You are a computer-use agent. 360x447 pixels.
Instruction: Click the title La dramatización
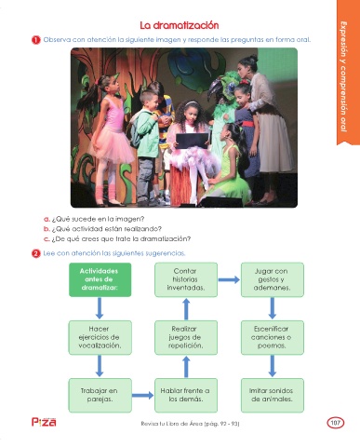(x=180, y=25)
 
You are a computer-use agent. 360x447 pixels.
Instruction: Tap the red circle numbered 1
(x=36, y=40)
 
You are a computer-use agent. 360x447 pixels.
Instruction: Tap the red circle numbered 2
(x=36, y=253)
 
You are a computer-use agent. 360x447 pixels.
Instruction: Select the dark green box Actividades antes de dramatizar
(x=100, y=279)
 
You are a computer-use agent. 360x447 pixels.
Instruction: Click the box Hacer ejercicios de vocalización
(x=100, y=337)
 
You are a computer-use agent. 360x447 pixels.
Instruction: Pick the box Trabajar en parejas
(x=100, y=395)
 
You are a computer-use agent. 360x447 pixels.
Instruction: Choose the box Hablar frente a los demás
(x=186, y=395)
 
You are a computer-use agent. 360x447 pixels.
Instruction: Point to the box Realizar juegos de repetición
(x=186, y=337)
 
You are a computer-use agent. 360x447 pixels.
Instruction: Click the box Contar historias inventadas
(x=186, y=279)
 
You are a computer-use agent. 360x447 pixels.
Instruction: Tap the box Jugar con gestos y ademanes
(x=273, y=279)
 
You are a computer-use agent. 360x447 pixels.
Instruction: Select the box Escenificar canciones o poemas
(x=273, y=337)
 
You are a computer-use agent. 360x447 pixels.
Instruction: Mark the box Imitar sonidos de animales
(x=273, y=395)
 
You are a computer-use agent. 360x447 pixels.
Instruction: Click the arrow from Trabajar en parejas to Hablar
(x=142, y=395)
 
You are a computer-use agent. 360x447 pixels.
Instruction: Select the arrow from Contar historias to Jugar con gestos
(x=229, y=279)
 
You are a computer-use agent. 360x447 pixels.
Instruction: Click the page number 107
(x=335, y=423)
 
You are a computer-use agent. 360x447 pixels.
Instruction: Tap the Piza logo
(x=44, y=422)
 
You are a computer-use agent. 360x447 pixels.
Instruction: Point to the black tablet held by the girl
(x=193, y=141)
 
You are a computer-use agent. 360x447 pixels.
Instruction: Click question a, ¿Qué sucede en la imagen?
(x=94, y=219)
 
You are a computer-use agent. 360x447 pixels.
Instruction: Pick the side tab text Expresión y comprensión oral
(x=343, y=76)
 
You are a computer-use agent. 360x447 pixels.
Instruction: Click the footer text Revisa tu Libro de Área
(x=171, y=424)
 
